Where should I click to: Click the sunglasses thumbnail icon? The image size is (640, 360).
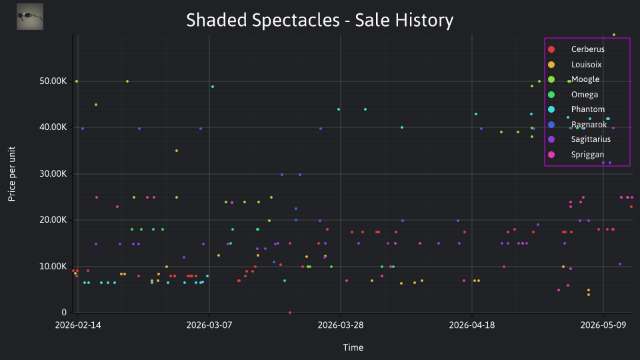pos(30,17)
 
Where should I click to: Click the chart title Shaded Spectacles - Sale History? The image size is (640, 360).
pos(319,20)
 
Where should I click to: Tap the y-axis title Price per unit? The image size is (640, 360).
pos(11,174)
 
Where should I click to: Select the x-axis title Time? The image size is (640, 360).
pos(353,347)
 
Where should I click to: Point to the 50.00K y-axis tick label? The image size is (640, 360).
pos(53,81)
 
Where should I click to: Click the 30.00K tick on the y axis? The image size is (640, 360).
pos(53,174)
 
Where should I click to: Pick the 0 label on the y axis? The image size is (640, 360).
pos(64,312)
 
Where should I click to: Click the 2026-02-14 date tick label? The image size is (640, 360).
pos(78,325)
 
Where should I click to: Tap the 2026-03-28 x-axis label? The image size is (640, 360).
pos(341,325)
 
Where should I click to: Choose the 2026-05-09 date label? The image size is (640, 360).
pos(603,325)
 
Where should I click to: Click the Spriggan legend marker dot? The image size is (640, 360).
pos(551,155)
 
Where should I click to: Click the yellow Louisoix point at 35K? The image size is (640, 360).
pos(177,151)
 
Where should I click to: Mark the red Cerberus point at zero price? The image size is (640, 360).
pos(290,313)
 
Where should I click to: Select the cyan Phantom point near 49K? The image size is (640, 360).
pos(213,87)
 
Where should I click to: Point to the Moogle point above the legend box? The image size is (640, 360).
pos(614,35)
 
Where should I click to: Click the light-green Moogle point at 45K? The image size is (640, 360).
pos(96,105)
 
